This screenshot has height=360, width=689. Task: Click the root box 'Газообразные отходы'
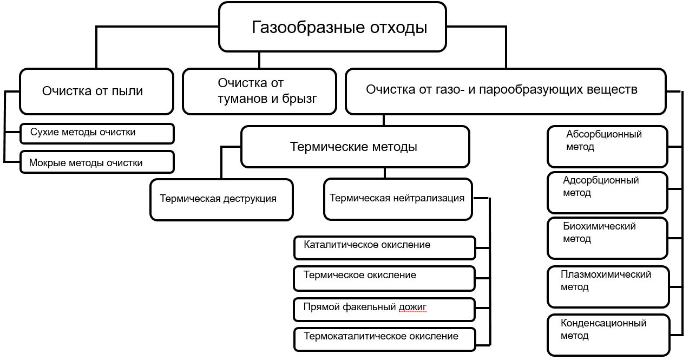[332, 27]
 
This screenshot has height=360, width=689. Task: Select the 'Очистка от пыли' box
[97, 91]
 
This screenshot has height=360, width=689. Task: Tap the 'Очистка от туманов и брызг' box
[259, 91]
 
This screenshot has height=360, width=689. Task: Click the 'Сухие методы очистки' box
[97, 133]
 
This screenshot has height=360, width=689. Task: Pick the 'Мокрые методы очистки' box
[97, 162]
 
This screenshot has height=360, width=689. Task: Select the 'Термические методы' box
[355, 147]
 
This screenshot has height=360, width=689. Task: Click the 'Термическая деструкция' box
[221, 199]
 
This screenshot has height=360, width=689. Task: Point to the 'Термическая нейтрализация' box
[398, 199]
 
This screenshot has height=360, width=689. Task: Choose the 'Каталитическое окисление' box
[385, 247]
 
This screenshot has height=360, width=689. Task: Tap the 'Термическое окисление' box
[385, 278]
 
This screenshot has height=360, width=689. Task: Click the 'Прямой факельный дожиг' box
[385, 308]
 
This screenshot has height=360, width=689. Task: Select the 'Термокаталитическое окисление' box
[385, 338]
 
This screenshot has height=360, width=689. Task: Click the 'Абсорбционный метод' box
[607, 147]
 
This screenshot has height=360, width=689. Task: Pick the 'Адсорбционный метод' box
[607, 192]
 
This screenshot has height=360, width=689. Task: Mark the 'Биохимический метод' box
[607, 238]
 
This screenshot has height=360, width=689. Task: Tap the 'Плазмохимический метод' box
[607, 286]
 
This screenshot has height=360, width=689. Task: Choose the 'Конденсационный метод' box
[607, 335]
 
